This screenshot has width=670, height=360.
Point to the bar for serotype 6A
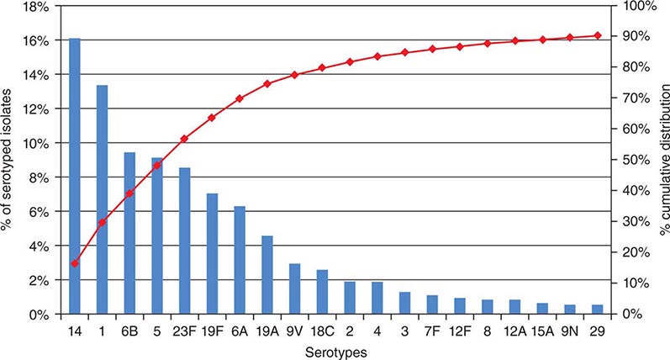click(x=240, y=260)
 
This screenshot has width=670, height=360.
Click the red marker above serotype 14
click(x=75, y=263)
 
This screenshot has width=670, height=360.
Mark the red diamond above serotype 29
click(x=598, y=35)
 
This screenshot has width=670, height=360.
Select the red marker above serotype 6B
click(x=129, y=193)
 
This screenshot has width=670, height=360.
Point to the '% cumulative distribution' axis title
click(x=662, y=160)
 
